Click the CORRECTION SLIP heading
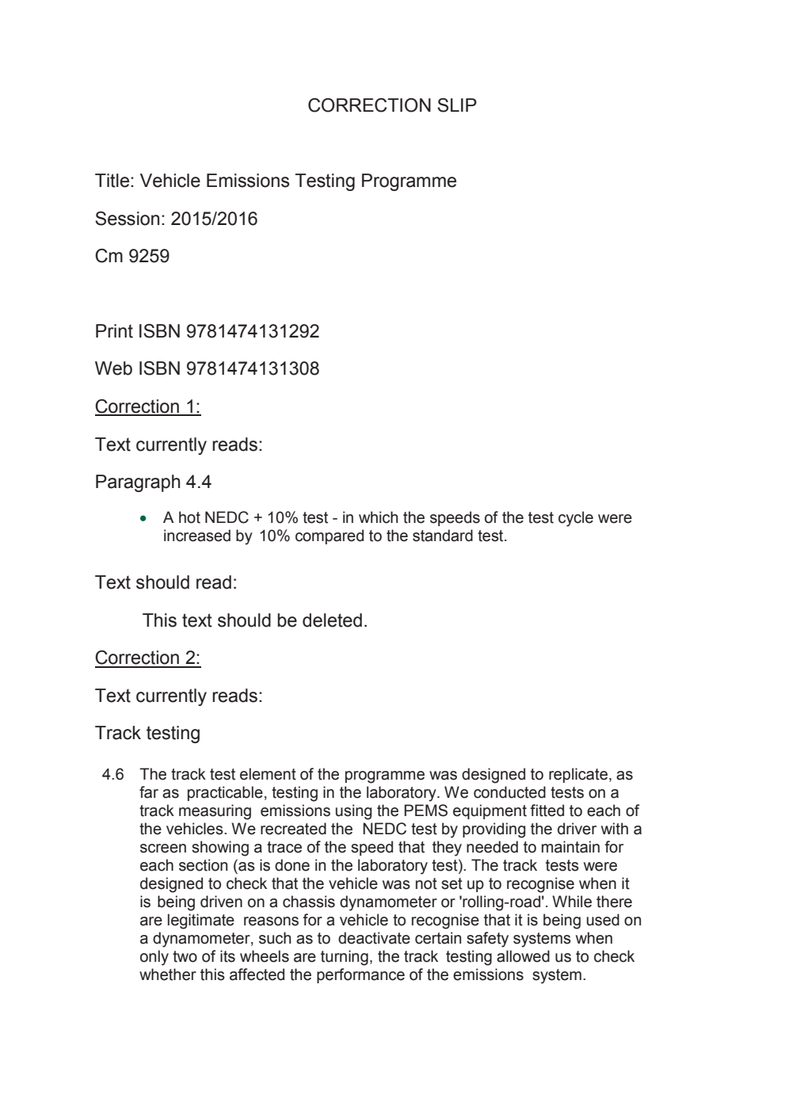point(392,105)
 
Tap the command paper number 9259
point(149,256)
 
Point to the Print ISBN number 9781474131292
point(252,331)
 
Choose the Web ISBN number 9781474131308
point(252,368)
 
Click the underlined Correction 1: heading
point(147,406)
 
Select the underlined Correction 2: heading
point(147,658)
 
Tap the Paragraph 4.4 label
point(153,482)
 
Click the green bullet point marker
point(143,519)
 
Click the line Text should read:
point(166,582)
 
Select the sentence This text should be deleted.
point(254,620)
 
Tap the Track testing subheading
point(147,733)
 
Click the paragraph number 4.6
point(112,775)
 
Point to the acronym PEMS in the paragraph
point(425,811)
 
